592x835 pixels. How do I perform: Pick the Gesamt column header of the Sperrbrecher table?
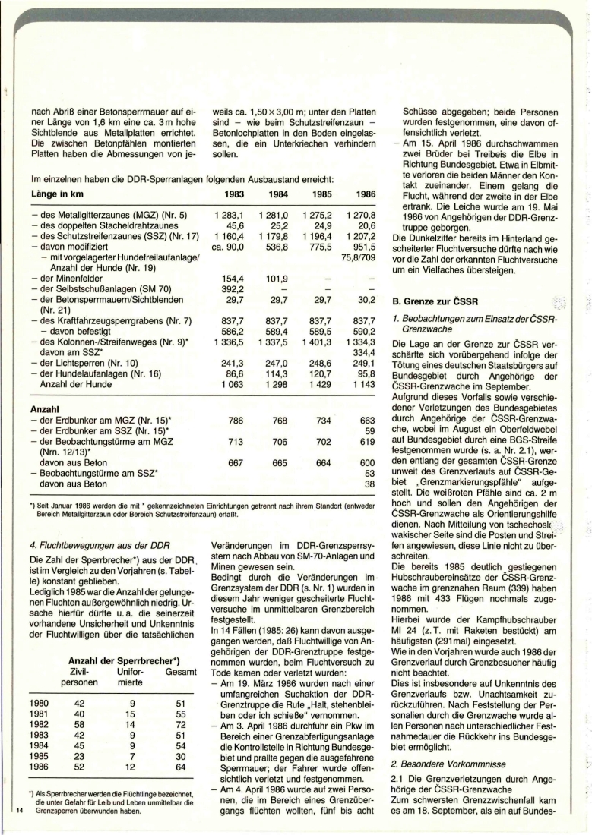click(175, 671)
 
